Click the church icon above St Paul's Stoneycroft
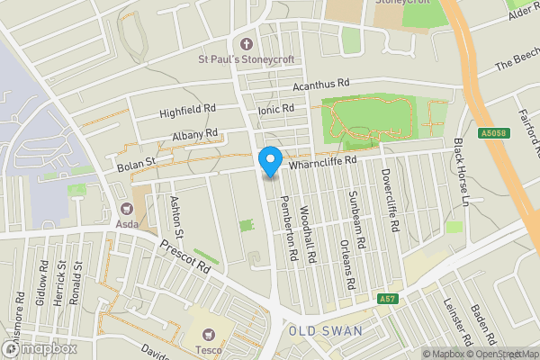coord(248,43)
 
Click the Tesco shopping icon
coord(211,331)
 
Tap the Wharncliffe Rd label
coord(323,160)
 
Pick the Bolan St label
coord(136,163)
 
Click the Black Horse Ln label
coord(462,171)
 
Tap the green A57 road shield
coord(387,298)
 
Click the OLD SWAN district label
coord(326,331)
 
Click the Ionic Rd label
coord(276,108)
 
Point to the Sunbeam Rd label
coord(357,220)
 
